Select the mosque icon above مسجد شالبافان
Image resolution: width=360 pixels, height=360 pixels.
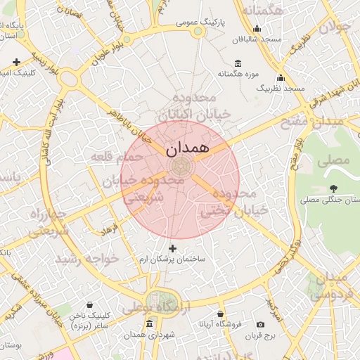(257, 29)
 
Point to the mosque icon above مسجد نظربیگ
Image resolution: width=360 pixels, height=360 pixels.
(281, 78)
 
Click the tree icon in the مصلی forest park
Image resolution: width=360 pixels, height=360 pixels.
(333, 188)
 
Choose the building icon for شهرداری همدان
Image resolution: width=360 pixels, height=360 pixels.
(149, 324)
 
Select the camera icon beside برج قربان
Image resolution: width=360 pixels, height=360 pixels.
(261, 324)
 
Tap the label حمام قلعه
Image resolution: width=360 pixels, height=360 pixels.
(115, 156)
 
